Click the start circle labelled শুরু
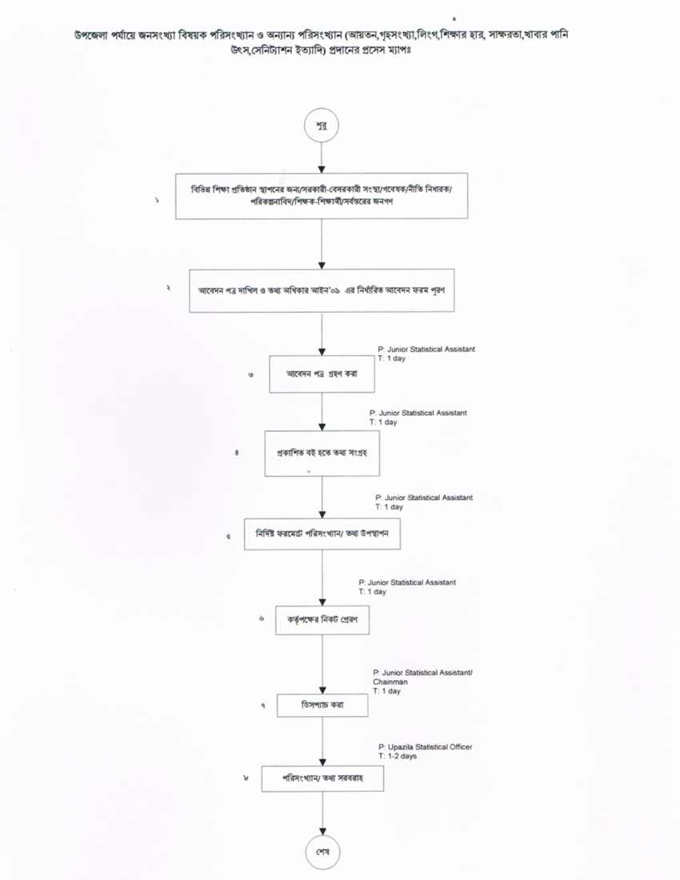click(x=321, y=126)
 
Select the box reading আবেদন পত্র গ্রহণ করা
click(x=322, y=374)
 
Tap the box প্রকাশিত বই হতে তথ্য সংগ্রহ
click(x=322, y=453)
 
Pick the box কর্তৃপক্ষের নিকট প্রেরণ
click(x=322, y=620)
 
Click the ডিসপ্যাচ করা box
click(x=322, y=705)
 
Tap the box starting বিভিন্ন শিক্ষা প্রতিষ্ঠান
click(x=321, y=195)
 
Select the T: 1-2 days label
click(x=398, y=756)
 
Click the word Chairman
click(x=390, y=682)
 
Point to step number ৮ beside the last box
click(x=246, y=778)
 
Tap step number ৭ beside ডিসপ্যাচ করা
click(x=262, y=706)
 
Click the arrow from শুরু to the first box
click(x=322, y=158)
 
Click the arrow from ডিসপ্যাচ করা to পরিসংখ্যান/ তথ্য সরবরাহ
click(x=322, y=742)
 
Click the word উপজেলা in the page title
click(x=90, y=37)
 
